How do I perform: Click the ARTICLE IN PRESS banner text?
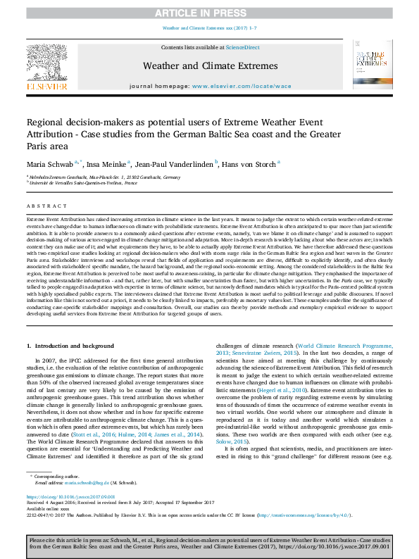[x=209, y=13]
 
